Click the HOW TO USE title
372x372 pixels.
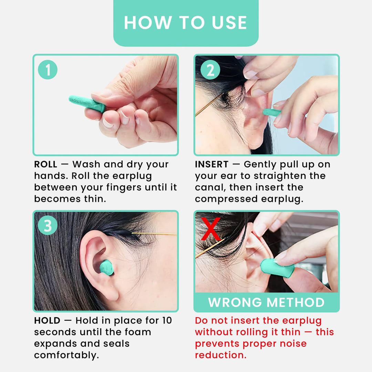(x=186, y=23)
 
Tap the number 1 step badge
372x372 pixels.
(x=48, y=70)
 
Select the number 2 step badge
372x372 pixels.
(x=210, y=70)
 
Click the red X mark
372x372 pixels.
(x=211, y=229)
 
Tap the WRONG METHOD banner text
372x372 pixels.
(x=266, y=302)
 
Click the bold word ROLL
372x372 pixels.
(x=45, y=165)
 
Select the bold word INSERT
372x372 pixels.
(x=211, y=165)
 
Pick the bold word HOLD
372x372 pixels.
(x=47, y=321)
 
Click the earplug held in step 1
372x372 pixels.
(x=86, y=103)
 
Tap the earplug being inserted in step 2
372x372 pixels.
(x=272, y=112)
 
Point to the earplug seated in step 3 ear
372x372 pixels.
(x=107, y=267)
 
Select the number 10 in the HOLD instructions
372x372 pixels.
(x=166, y=321)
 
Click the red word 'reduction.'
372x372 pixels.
(x=221, y=355)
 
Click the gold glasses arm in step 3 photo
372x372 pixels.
(x=155, y=234)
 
